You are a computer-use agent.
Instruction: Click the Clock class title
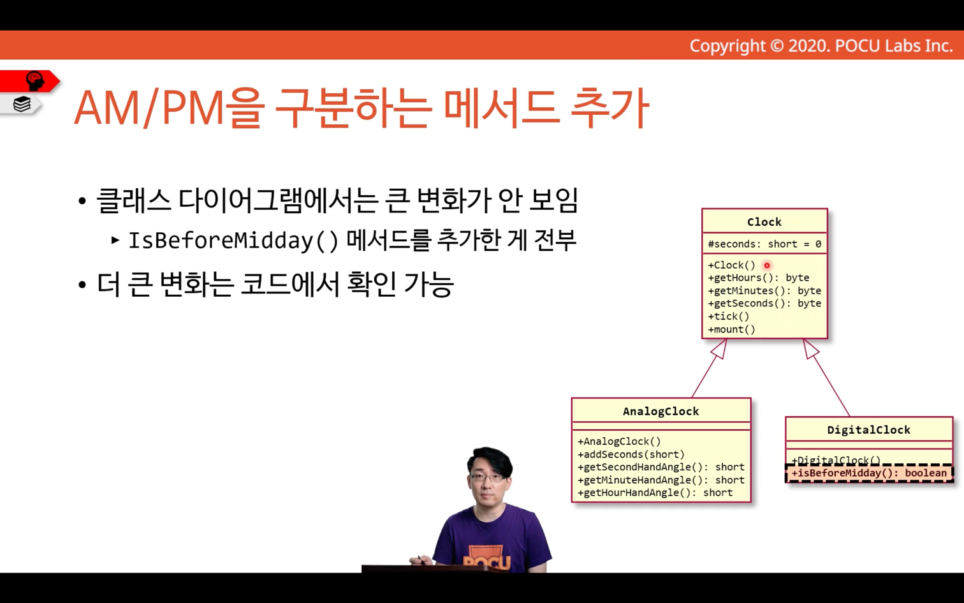(764, 222)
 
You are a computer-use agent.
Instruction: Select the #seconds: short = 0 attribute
(764, 244)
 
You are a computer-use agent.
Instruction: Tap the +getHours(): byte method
(758, 278)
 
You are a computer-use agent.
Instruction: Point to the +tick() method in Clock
(729, 316)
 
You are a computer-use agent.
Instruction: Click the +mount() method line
(732, 329)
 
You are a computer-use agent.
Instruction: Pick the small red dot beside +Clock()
(767, 265)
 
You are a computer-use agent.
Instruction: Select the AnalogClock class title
(661, 412)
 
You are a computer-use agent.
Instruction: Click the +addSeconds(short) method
(631, 454)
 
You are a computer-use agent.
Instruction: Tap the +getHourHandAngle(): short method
(655, 493)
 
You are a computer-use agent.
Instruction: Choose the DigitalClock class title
(868, 430)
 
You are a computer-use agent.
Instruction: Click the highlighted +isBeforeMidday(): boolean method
(870, 473)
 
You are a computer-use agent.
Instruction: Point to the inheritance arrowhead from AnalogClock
(720, 349)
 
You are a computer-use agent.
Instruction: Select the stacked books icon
(22, 104)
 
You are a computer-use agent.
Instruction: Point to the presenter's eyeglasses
(488, 477)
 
